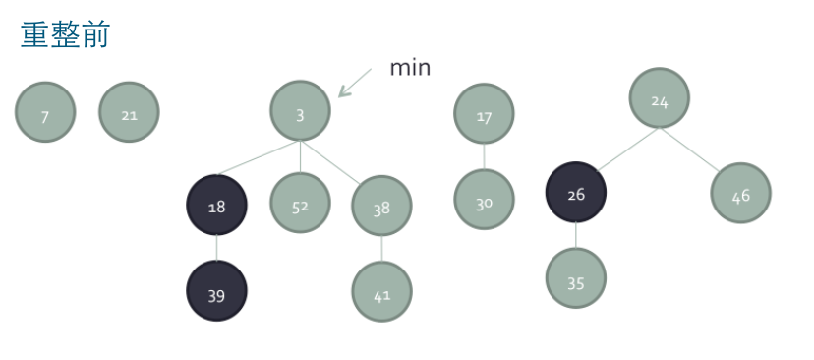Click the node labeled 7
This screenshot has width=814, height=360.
[45, 113]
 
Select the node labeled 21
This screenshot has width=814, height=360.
[129, 113]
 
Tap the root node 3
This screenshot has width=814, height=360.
[300, 112]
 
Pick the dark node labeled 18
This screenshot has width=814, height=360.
[216, 206]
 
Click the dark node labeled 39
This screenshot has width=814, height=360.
[216, 291]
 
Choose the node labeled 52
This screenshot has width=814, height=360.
[300, 204]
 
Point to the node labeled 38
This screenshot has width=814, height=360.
[381, 207]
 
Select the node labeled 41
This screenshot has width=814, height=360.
[381, 291]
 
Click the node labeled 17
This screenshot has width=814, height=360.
[484, 114]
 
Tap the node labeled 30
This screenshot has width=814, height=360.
[484, 200]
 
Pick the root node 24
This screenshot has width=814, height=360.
[660, 98]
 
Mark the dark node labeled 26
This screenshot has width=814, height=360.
[576, 193]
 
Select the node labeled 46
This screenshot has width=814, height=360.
[741, 193]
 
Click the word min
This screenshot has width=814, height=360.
[410, 67]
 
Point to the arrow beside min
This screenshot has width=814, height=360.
[354, 83]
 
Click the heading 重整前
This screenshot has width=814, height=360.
[65, 35]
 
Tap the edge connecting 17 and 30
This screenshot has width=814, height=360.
[484, 156]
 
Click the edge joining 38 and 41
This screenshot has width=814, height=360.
[381, 249]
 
